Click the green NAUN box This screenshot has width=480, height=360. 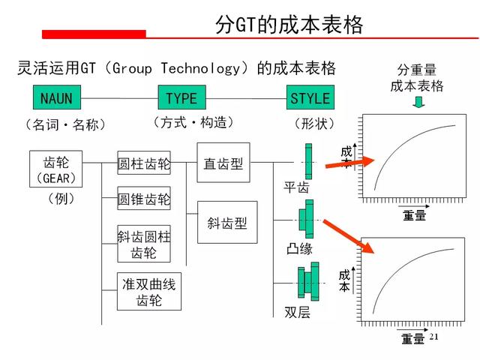(x=57, y=97)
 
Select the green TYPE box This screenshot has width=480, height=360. (x=181, y=97)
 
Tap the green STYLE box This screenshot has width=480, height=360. (x=310, y=97)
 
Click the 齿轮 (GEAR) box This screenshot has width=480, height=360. (x=55, y=169)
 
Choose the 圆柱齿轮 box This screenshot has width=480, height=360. (x=144, y=163)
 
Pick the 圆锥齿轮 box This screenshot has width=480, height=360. (x=144, y=198)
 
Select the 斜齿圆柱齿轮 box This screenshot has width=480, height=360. (x=144, y=244)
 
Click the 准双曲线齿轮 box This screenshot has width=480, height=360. (x=149, y=292)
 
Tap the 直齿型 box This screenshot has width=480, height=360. (x=223, y=163)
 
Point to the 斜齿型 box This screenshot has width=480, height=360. (x=227, y=222)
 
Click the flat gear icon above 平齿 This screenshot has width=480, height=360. (x=308, y=161)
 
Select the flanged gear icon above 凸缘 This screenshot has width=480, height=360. (x=306, y=219)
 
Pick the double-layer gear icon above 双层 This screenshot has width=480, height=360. (x=308, y=281)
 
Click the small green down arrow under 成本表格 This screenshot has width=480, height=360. (x=418, y=102)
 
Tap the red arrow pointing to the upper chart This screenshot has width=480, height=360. (x=350, y=163)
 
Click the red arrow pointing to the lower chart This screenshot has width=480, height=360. (x=349, y=236)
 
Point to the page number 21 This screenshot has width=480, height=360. (x=433, y=337)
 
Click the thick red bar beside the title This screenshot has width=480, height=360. (x=94, y=34)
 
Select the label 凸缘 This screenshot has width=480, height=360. (x=299, y=248)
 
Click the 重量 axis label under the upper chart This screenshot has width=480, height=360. (x=414, y=215)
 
